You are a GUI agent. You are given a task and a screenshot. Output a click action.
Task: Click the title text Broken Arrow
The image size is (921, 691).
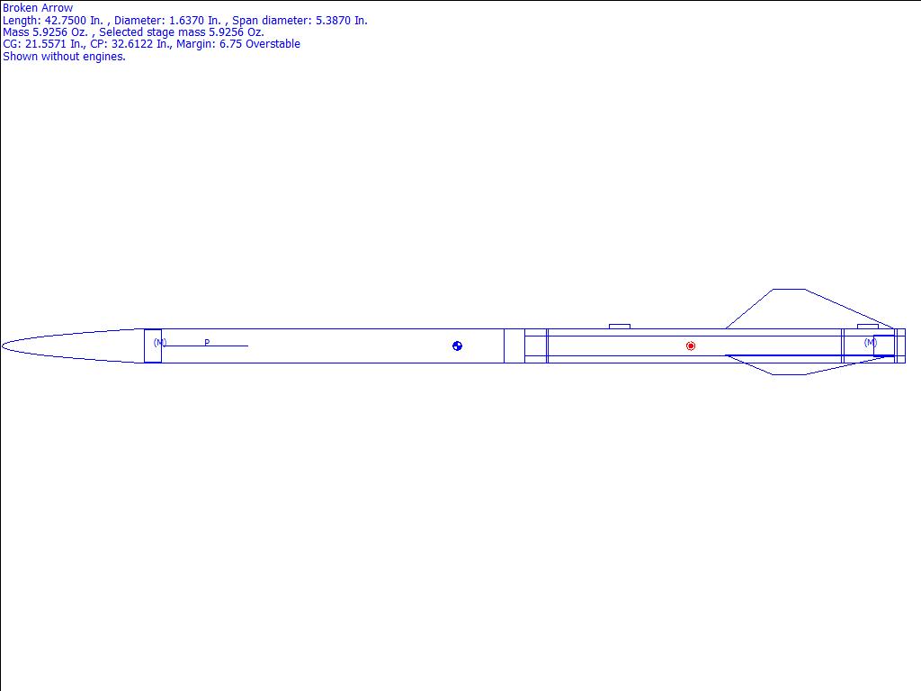[x=38, y=8]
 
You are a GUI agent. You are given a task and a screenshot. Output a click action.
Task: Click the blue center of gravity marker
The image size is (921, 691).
[x=457, y=346]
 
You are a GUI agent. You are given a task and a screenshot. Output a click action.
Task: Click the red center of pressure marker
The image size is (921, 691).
[x=690, y=346]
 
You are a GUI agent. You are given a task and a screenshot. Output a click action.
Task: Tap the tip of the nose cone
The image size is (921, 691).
[x=3, y=346]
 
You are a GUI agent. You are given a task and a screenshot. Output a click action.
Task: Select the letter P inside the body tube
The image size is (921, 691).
[x=207, y=342]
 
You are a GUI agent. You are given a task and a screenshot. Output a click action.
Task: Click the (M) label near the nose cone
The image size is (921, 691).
[x=160, y=342]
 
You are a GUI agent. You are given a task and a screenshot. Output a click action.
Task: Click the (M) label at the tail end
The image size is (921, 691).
[x=871, y=342]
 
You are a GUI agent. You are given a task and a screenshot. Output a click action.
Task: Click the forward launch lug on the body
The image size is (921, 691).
[x=620, y=326]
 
